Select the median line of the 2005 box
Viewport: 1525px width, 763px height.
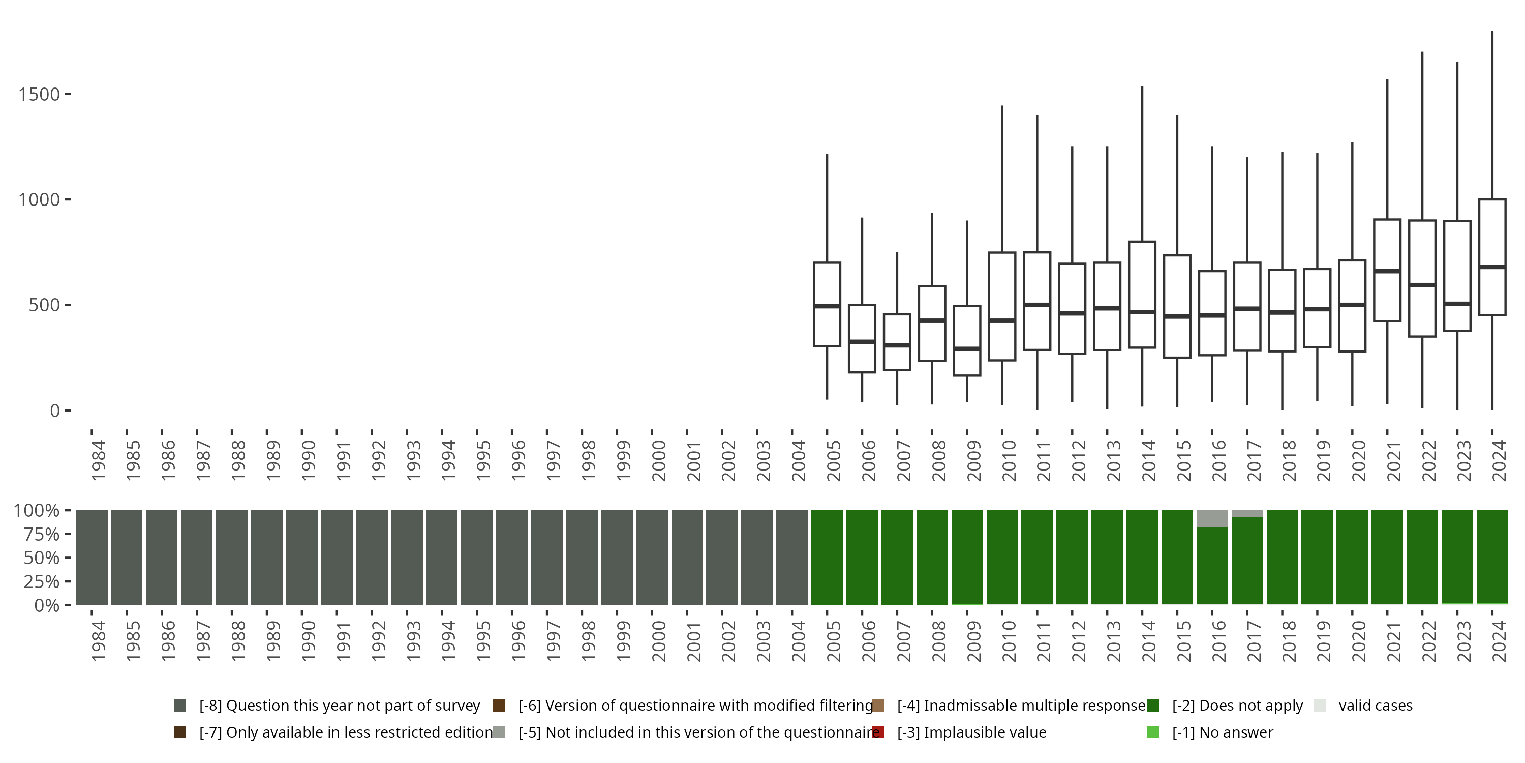(827, 306)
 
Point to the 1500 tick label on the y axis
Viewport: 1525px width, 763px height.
(39, 94)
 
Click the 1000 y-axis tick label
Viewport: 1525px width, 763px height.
(39, 199)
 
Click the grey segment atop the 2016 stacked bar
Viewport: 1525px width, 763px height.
(1212, 519)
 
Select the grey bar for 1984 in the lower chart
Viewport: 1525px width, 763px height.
(92, 557)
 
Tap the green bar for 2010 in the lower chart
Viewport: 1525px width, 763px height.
(1001, 557)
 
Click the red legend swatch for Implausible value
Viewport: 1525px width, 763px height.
(878, 732)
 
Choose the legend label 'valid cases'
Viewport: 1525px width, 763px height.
(1375, 706)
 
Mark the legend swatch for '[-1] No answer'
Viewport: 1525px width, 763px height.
(1152, 732)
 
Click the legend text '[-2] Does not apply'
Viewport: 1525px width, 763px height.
(1237, 706)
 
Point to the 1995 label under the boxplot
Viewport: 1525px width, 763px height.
(483, 460)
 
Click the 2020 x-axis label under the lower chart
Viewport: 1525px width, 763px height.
(1358, 641)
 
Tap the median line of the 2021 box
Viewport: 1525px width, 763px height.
(1387, 271)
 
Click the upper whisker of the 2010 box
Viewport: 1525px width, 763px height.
(1001, 178)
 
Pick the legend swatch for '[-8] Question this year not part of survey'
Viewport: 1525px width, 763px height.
(180, 706)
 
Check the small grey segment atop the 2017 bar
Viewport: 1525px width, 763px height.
(1247, 514)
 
